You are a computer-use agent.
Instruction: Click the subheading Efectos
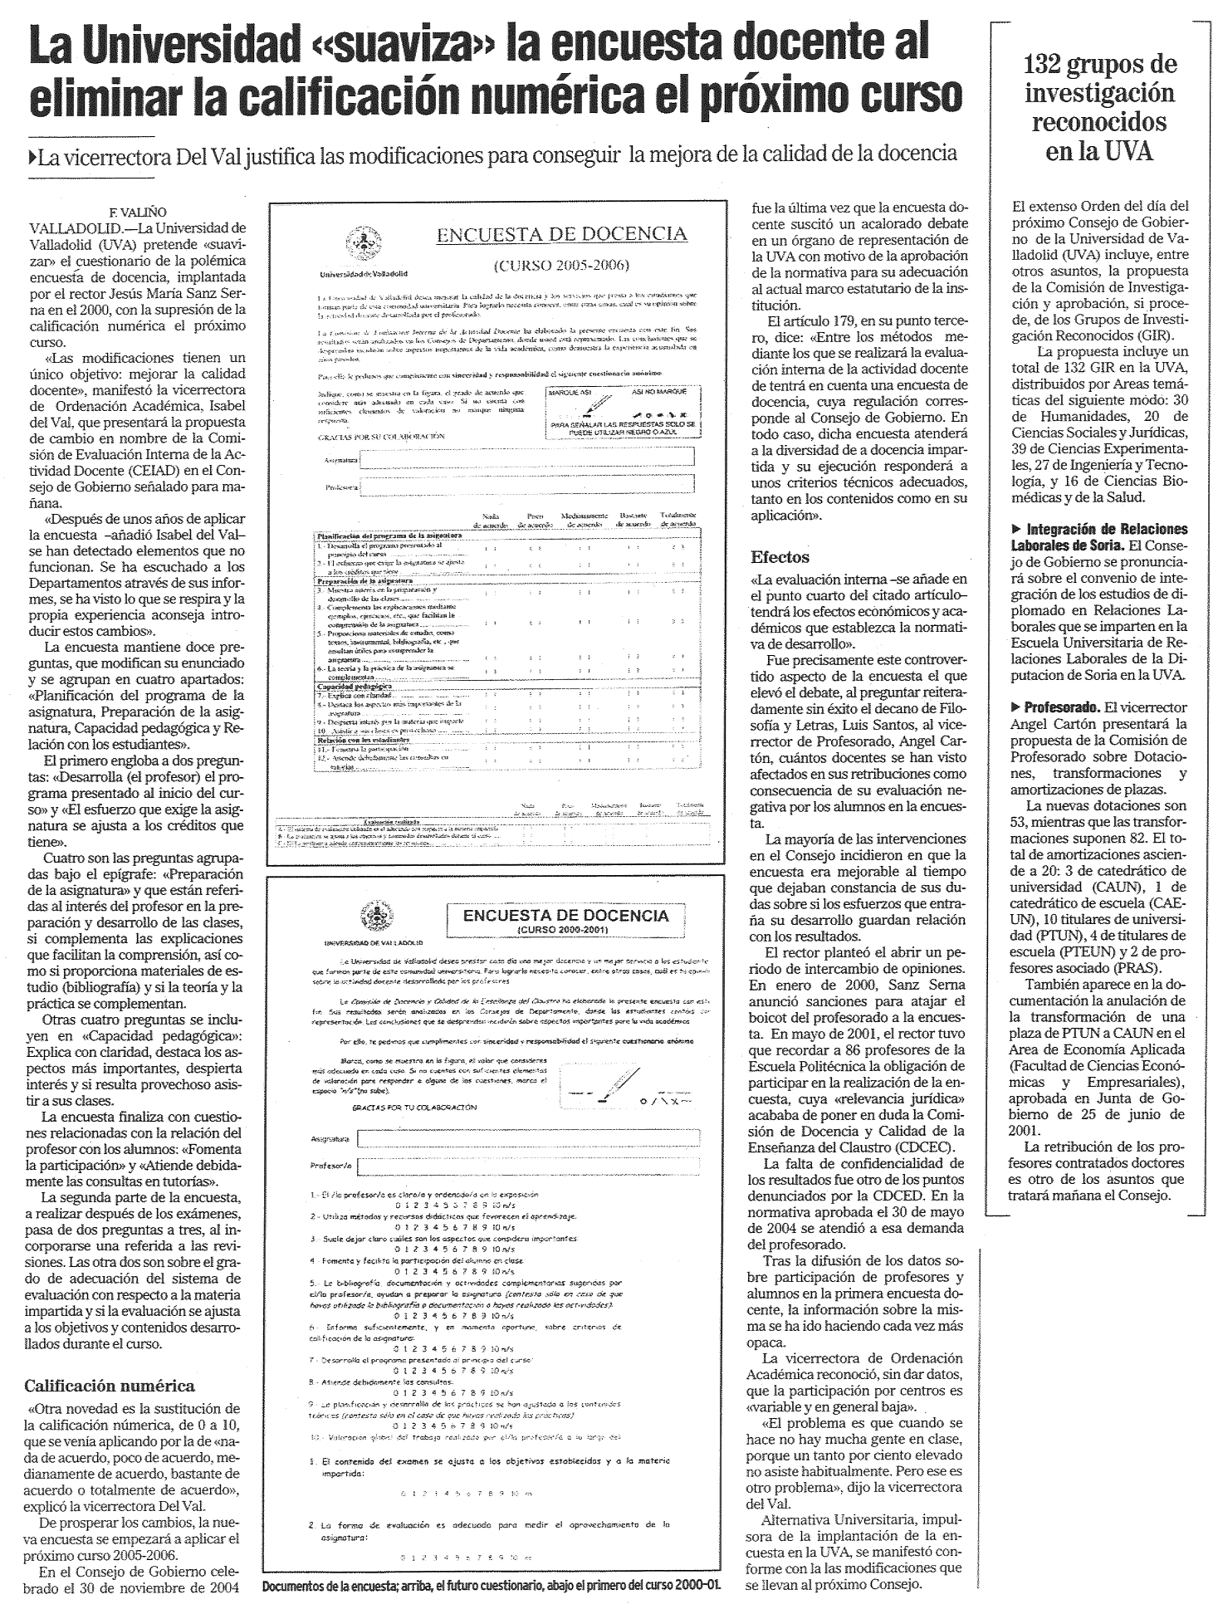point(780,557)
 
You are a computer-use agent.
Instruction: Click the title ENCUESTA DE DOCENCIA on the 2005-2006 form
point(562,234)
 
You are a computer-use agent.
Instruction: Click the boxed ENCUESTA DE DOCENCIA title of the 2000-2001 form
point(565,917)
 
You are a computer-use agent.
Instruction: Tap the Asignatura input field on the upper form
point(528,458)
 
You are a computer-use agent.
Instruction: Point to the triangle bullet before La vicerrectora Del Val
point(32,154)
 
